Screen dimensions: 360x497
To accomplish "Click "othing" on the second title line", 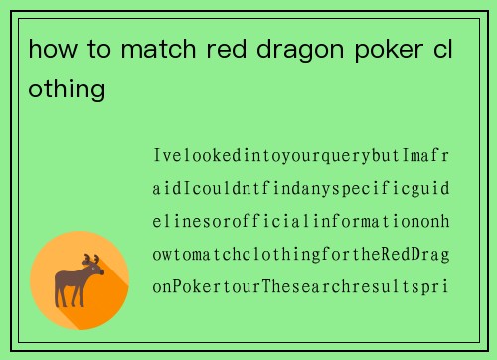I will [67, 90].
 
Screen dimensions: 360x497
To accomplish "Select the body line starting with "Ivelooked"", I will [301, 156].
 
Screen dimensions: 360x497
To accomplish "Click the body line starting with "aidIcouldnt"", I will [301, 189].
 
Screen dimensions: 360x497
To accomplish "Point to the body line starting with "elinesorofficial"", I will [301, 222].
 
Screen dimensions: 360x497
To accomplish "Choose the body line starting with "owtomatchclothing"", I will [301, 255].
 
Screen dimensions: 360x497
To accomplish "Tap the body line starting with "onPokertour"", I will [301, 287].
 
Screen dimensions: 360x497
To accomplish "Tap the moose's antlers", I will [91, 261].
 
